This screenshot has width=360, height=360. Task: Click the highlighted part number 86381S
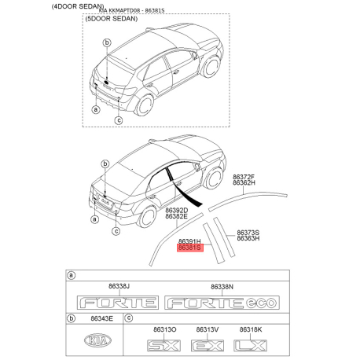click(x=190, y=248)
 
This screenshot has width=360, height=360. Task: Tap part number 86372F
click(x=244, y=177)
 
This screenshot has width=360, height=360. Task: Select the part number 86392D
click(x=176, y=211)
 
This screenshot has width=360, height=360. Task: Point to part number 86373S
click(x=248, y=233)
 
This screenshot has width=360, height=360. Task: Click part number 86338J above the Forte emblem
click(x=119, y=286)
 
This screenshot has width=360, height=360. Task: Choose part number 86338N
click(x=222, y=287)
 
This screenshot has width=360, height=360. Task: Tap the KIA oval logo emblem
click(x=97, y=340)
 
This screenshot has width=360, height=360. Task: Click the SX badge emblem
click(x=163, y=345)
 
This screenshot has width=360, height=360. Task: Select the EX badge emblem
click(x=208, y=345)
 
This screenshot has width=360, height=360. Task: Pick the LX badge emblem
click(x=250, y=345)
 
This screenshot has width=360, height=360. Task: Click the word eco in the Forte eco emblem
click(x=261, y=303)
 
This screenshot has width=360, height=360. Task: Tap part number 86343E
click(x=101, y=318)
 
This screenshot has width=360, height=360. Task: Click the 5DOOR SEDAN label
click(x=112, y=19)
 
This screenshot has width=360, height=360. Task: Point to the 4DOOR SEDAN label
click(x=78, y=6)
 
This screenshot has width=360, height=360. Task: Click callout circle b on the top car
click(x=107, y=42)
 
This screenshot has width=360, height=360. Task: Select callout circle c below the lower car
click(x=116, y=231)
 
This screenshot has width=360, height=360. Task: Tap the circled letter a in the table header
click(x=72, y=275)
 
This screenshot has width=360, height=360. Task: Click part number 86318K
click(x=251, y=329)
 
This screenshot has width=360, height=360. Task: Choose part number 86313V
click(x=208, y=329)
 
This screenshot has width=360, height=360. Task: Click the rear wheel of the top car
click(x=144, y=105)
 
